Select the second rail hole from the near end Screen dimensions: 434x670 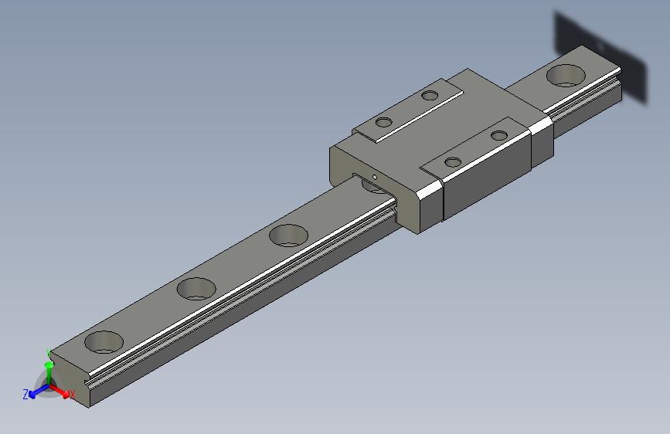196,289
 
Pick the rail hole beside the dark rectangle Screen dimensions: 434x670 566,76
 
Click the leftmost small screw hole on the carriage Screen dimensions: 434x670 383,122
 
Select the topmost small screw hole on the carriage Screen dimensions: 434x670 430,96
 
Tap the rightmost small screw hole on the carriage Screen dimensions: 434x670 499,135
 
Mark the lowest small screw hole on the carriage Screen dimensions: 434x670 453,162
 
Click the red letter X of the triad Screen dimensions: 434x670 72,395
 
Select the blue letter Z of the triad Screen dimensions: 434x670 26,394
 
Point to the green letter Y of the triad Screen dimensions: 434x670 49,352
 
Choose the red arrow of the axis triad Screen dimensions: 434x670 61,390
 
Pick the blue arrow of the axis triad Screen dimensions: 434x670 36,392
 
